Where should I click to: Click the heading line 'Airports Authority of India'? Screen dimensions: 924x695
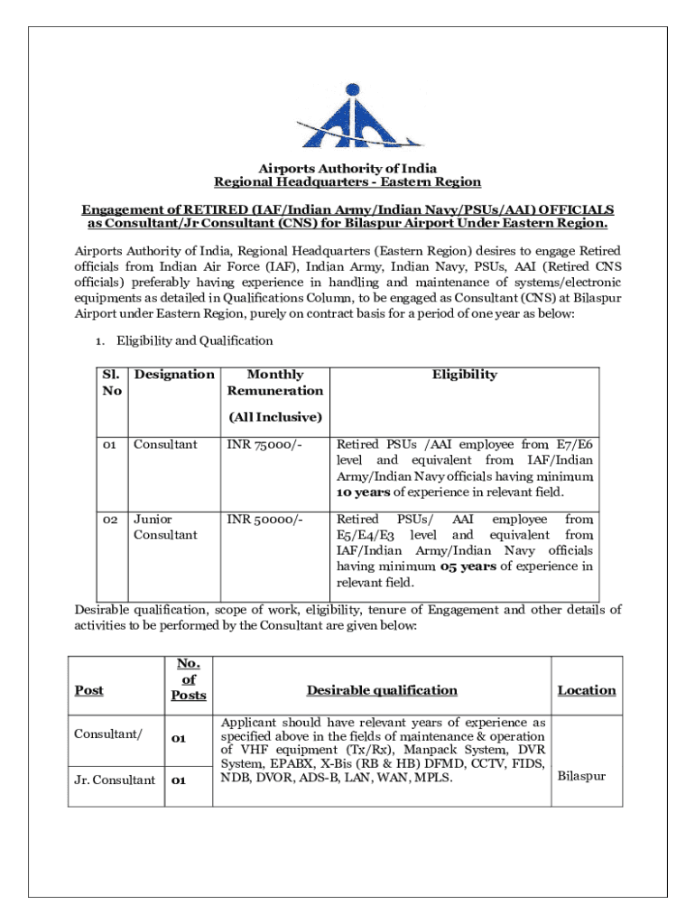pos(347,168)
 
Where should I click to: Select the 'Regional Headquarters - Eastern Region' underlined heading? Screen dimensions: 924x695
pos(347,182)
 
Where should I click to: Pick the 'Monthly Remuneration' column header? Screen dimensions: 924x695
pos(274,383)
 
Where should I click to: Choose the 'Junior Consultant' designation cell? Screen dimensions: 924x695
pos(165,527)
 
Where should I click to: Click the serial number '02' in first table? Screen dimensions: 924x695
pos(109,520)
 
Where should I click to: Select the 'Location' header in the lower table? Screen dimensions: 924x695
pos(586,690)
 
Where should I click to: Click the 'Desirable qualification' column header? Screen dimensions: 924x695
pos(382,690)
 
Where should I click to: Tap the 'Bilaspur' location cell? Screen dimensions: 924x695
pos(582,776)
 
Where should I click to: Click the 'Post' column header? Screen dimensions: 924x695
pos(89,690)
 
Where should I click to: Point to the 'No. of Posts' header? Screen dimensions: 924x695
pos(189,679)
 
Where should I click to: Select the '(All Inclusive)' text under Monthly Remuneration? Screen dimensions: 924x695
pos(274,417)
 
